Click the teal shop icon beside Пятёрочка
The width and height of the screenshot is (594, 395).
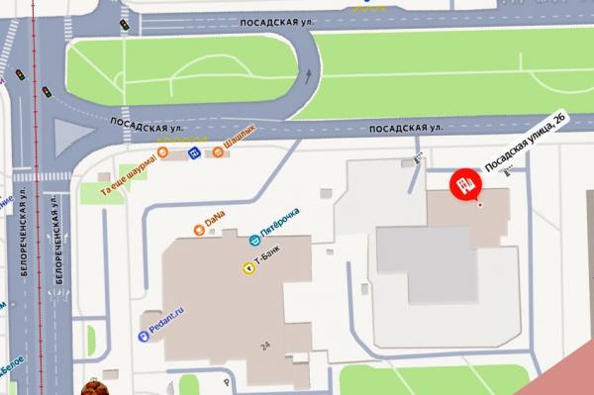click(254, 239)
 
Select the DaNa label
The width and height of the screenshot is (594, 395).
click(215, 217)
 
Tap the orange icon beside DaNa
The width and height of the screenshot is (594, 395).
click(199, 231)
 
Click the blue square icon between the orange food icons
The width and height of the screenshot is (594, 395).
click(195, 152)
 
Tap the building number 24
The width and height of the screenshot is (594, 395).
click(264, 346)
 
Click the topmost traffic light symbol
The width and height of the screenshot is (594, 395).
click(125, 23)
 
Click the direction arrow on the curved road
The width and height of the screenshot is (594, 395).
click(307, 73)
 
